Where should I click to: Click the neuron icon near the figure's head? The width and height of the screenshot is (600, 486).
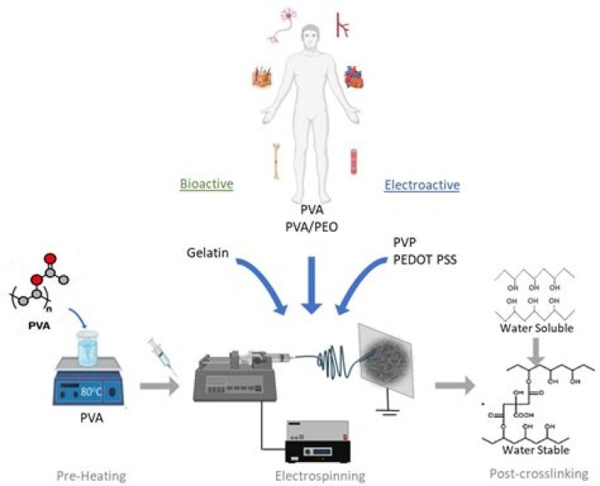(x=282, y=27)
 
